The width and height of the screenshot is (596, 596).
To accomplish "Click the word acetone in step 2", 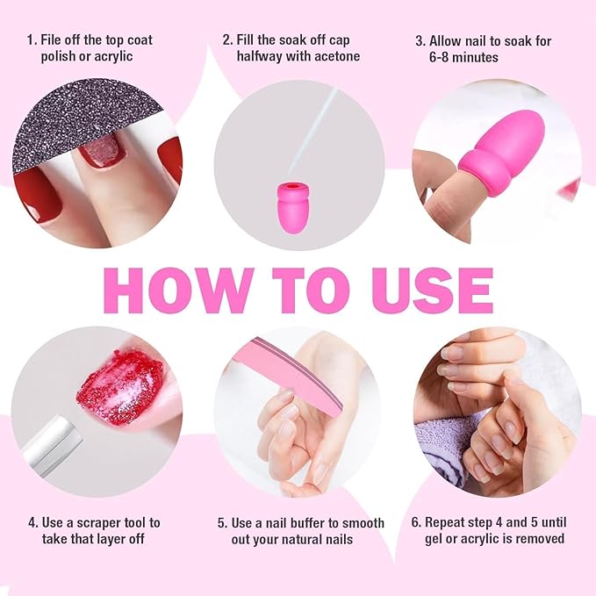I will click(334, 56).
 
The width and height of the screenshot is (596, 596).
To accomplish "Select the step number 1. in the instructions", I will click(32, 39).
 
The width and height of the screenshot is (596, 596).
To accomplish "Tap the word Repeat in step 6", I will click(447, 522).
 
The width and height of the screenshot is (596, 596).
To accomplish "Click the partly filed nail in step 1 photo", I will click(103, 150).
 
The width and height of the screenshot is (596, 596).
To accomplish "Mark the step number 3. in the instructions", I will click(420, 39).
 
